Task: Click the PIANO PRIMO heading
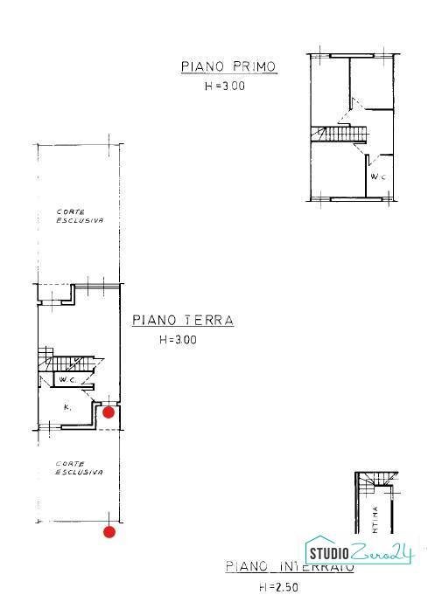228,67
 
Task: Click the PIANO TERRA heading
183,321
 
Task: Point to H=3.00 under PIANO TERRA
178,341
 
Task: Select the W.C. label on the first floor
377,177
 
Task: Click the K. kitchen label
67,407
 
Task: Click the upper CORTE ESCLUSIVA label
80,216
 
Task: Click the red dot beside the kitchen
109,412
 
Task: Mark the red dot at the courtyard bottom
109,530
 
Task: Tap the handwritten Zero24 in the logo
381,551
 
